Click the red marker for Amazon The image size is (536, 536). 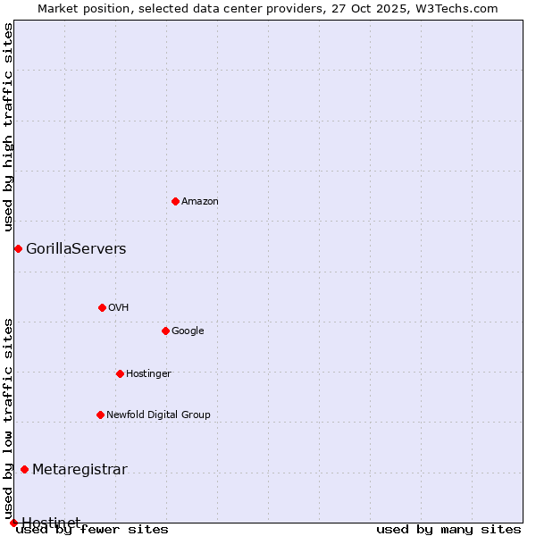[175, 201]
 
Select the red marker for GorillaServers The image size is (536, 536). [18, 248]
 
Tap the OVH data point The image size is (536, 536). [102, 307]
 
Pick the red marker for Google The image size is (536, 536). [165, 331]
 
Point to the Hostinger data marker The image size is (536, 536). [120, 373]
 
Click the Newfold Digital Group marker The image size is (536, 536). [100, 415]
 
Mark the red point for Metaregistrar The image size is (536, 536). [24, 470]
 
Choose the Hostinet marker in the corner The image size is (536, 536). [13, 523]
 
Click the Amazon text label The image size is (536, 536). [200, 202]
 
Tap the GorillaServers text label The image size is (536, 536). [76, 249]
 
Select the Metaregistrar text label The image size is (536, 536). [80, 470]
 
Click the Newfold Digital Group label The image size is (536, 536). [158, 415]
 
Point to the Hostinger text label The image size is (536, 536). [148, 373]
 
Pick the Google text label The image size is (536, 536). [188, 331]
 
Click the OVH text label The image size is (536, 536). [118, 307]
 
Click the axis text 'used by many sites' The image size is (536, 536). [448, 530]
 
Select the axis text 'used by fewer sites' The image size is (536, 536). [92, 530]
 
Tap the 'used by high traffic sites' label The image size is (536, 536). [8, 128]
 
